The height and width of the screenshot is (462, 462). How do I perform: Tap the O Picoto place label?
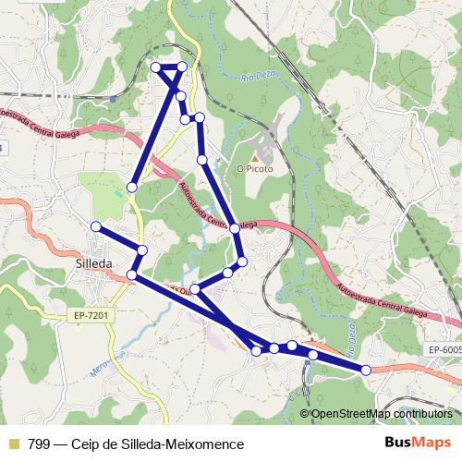point(252,169)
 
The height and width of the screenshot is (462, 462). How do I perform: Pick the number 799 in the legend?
point(40,444)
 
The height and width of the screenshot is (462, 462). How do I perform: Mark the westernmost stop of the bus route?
point(96,226)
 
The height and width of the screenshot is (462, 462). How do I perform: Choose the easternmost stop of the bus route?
point(366,370)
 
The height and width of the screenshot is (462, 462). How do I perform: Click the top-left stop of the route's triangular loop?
point(156,67)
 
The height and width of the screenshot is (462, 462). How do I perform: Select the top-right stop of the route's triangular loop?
point(182,67)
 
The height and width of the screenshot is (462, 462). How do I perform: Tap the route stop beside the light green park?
point(132,188)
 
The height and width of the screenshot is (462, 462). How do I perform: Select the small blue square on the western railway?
point(112,97)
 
